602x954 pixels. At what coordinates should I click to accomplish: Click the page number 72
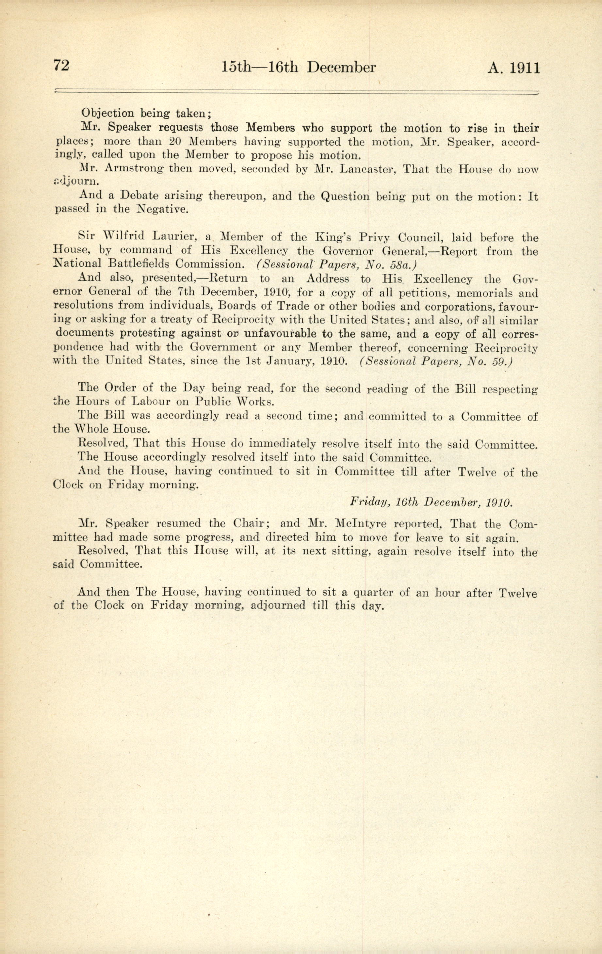pyautogui.click(x=61, y=65)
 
